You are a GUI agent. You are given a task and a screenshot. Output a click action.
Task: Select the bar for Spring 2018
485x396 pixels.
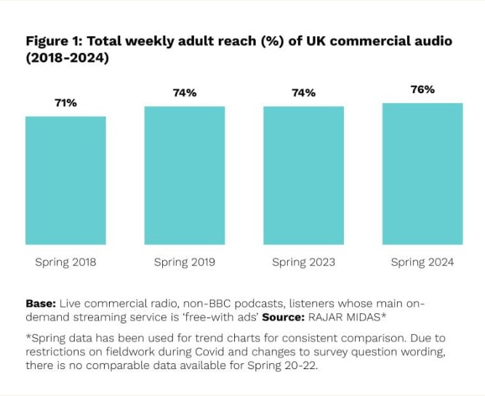pos(65,180)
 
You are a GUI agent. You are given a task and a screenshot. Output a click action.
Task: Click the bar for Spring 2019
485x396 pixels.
pos(184,175)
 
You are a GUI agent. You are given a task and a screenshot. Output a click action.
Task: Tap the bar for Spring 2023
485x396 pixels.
pos(303,175)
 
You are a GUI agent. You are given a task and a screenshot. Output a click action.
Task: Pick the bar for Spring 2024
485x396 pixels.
pos(422,174)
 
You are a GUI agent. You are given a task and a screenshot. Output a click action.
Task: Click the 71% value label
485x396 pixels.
pos(65,103)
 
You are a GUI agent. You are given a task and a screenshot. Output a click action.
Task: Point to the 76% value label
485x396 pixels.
pos(422,89)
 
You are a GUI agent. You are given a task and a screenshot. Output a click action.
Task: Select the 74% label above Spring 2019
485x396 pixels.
pos(184,93)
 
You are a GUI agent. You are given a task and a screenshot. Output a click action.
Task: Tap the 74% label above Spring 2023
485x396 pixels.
pos(303,93)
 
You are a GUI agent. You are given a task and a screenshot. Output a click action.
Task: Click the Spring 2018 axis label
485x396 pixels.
pos(65,262)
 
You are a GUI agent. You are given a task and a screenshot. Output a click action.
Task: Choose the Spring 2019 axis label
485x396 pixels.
pos(184,262)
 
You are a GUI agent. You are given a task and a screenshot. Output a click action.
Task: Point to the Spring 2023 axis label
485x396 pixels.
pos(303,262)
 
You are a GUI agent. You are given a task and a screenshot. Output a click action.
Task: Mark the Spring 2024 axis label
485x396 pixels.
pos(422,262)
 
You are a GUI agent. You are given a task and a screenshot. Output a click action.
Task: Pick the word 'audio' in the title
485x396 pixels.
pos(432,41)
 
